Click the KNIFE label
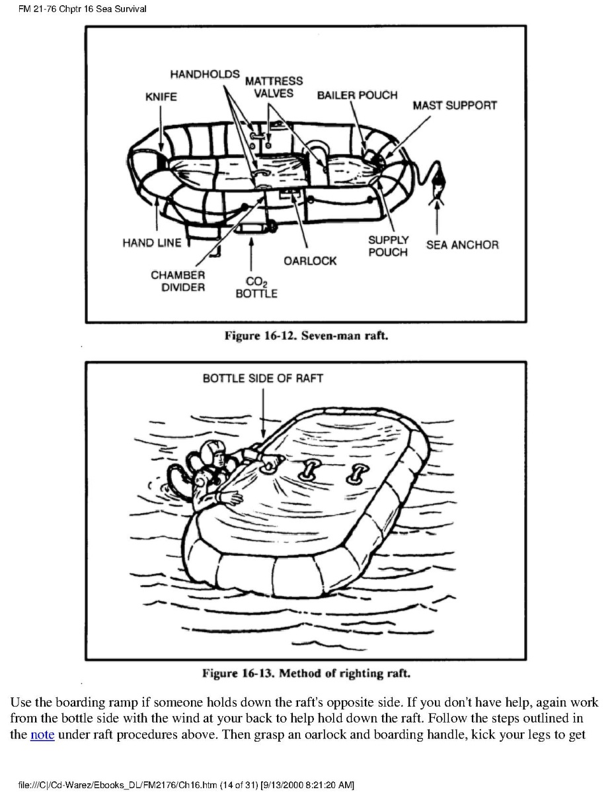tap(161, 97)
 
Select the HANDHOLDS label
tap(205, 74)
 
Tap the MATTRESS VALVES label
tap(274, 87)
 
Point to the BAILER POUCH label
tap(357, 95)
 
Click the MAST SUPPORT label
tap(455, 105)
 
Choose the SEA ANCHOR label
tap(462, 245)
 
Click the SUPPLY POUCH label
tap(388, 246)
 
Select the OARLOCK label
tap(310, 260)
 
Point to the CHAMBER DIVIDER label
tap(178, 281)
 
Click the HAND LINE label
tap(151, 243)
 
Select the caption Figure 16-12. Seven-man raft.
tap(305, 336)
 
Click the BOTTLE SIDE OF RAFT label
tap(262, 378)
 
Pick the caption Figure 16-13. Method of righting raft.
tap(306, 674)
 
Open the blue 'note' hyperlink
tap(42, 734)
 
